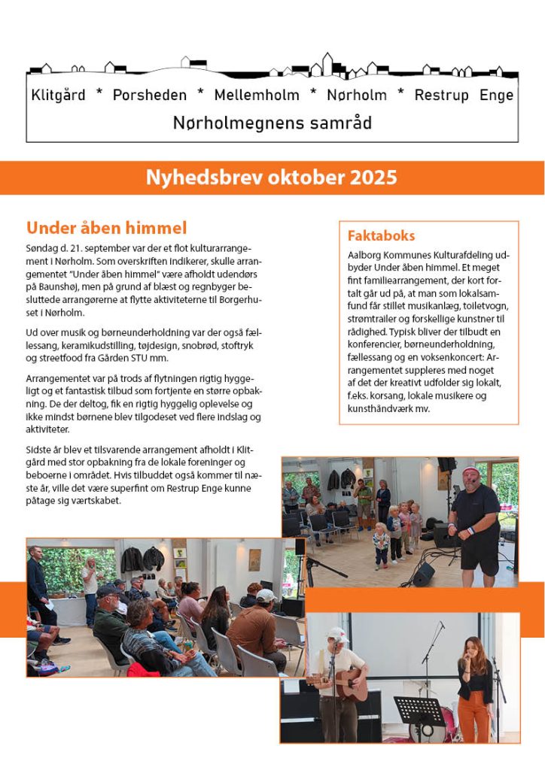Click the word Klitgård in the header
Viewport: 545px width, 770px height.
click(x=58, y=95)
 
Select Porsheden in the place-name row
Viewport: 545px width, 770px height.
click(x=149, y=95)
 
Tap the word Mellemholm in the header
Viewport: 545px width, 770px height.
click(x=256, y=95)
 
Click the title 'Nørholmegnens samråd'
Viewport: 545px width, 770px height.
click(x=272, y=122)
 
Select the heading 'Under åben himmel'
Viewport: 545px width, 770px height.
click(x=106, y=228)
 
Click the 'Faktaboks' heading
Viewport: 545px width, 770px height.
click(x=381, y=235)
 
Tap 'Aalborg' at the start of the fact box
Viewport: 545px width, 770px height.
click(x=367, y=256)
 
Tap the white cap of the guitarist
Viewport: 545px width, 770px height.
click(x=337, y=634)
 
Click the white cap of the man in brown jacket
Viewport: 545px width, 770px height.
click(x=266, y=595)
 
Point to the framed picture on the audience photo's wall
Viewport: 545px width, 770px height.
click(x=255, y=559)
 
